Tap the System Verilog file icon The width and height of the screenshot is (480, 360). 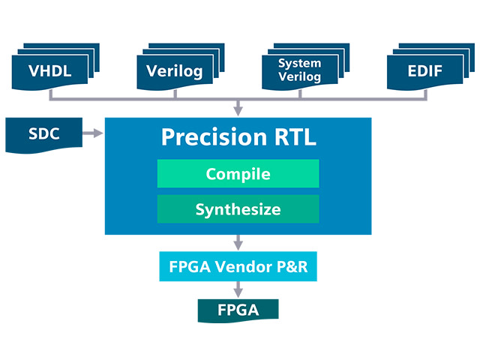(x=298, y=70)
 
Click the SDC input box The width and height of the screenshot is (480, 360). (x=43, y=135)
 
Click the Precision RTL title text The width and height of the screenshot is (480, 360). (x=238, y=138)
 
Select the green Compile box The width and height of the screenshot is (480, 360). (x=238, y=174)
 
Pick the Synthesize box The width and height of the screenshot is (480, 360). (x=238, y=209)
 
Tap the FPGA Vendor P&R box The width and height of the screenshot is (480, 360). (x=238, y=266)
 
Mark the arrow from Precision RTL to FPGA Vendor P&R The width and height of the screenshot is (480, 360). (x=238, y=242)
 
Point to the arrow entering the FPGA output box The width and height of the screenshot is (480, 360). (x=238, y=289)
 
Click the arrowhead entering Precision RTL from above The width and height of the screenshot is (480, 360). (x=238, y=111)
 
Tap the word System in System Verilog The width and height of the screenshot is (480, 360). (x=299, y=64)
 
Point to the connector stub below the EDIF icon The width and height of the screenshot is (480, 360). (x=424, y=93)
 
